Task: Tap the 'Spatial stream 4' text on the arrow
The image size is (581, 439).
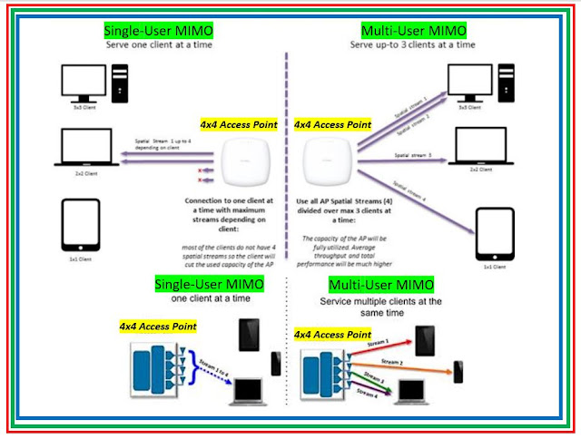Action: [421, 190]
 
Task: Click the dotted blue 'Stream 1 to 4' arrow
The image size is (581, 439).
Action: [203, 373]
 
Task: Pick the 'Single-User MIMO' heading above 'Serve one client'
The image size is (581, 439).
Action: [155, 31]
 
